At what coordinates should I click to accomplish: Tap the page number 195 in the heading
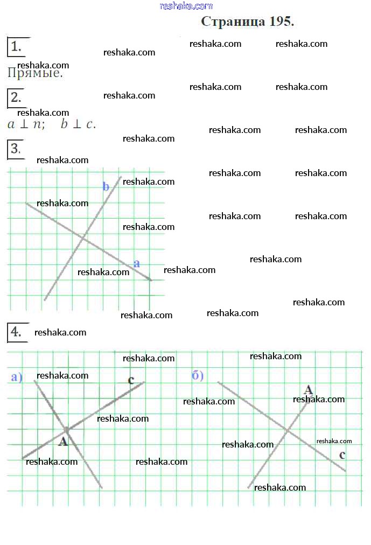pyautogui.click(x=281, y=22)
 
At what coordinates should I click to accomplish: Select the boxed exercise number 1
pyautogui.click(x=16, y=47)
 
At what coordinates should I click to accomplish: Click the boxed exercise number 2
pyautogui.click(x=16, y=97)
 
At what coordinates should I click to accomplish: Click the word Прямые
pyautogui.click(x=35, y=73)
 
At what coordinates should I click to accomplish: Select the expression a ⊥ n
pyautogui.click(x=26, y=124)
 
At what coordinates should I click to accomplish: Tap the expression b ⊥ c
pyautogui.click(x=78, y=124)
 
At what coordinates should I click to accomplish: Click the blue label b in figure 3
pyautogui.click(x=106, y=187)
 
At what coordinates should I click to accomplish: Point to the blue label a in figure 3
pyautogui.click(x=137, y=263)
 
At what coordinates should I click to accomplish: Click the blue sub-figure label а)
pyautogui.click(x=17, y=377)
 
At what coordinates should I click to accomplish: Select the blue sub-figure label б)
pyautogui.click(x=198, y=375)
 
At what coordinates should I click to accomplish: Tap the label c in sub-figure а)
pyautogui.click(x=131, y=380)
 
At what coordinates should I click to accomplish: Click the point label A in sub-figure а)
pyautogui.click(x=63, y=442)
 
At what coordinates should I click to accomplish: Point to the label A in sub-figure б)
pyautogui.click(x=309, y=389)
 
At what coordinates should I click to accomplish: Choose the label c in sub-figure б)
pyautogui.click(x=342, y=455)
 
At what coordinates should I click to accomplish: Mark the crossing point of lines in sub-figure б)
pyautogui.click(x=288, y=430)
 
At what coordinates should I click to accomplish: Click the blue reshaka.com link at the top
pyautogui.click(x=186, y=6)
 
